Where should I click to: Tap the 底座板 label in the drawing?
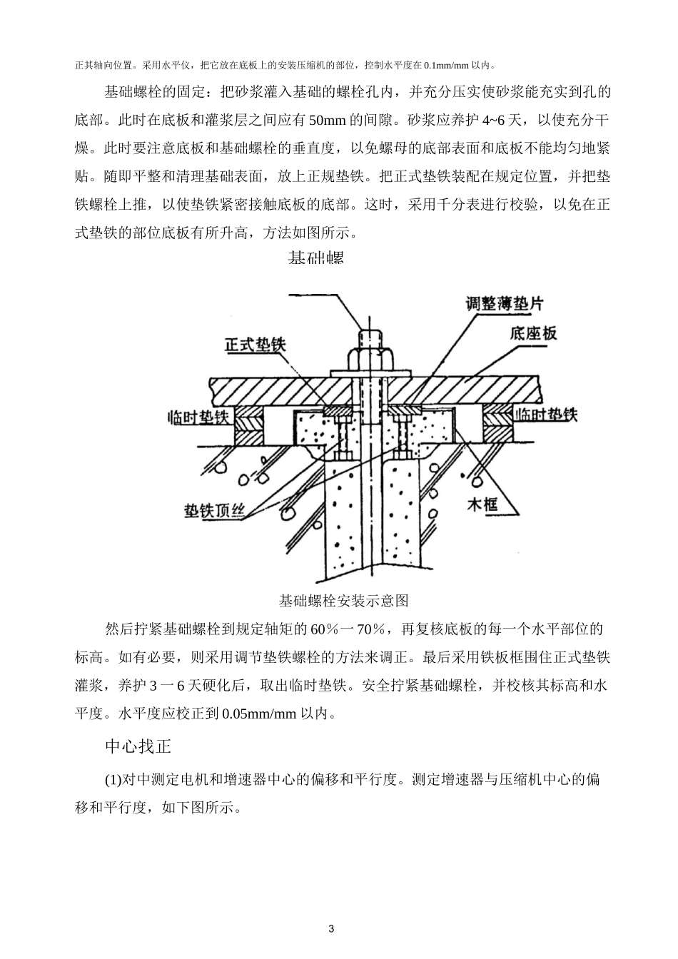(533, 333)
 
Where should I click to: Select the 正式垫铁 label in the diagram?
(255, 345)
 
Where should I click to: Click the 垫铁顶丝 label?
(215, 511)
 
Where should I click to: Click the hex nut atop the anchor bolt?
(371, 357)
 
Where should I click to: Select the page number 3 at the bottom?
(330, 928)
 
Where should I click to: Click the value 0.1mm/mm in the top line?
(447, 65)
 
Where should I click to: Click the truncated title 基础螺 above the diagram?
(316, 258)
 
